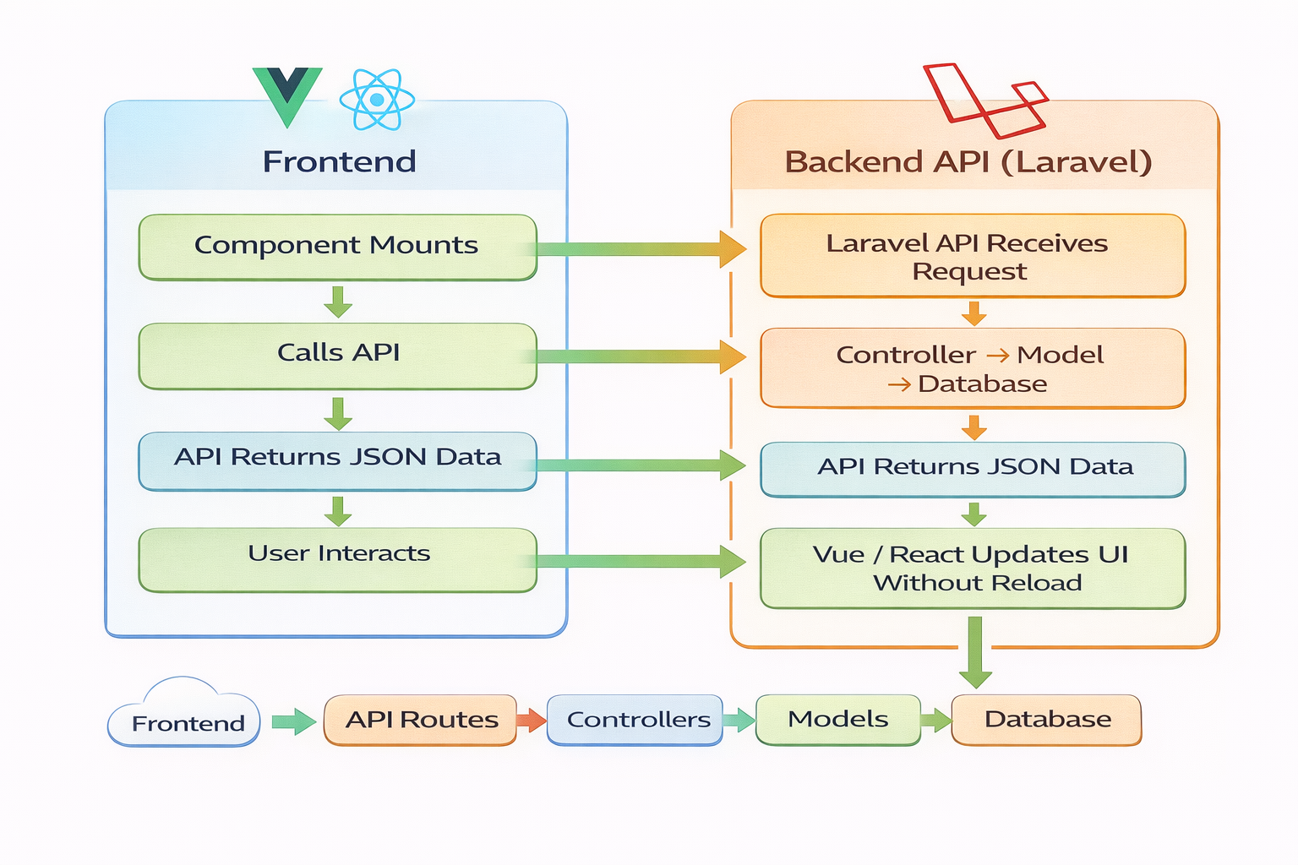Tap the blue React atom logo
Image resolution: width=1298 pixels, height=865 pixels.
pyautogui.click(x=377, y=100)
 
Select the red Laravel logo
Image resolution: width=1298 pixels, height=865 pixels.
pyautogui.click(x=984, y=100)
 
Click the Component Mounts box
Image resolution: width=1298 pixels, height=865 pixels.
pyautogui.click(x=337, y=247)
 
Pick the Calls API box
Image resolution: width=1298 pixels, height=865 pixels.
pyautogui.click(x=337, y=355)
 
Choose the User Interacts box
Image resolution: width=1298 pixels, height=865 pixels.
pyautogui.click(x=337, y=558)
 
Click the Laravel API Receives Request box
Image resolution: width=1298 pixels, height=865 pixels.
pyautogui.click(x=972, y=256)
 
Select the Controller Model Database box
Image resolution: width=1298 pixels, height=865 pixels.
pyautogui.click(x=972, y=368)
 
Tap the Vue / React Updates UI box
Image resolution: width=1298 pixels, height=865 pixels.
pyautogui.click(x=972, y=568)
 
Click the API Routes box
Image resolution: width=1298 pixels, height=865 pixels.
pyautogui.click(x=420, y=720)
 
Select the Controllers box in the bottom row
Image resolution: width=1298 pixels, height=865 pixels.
pyautogui.click(x=635, y=720)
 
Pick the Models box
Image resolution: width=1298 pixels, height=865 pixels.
pyautogui.click(x=837, y=720)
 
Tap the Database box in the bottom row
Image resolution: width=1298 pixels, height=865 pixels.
pyautogui.click(x=1046, y=720)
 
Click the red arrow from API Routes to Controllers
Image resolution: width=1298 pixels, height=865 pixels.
pyautogui.click(x=532, y=721)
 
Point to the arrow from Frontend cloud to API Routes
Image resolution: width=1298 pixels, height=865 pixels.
pyautogui.click(x=292, y=721)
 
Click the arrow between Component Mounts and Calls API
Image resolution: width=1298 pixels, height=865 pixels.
pyautogui.click(x=338, y=302)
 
